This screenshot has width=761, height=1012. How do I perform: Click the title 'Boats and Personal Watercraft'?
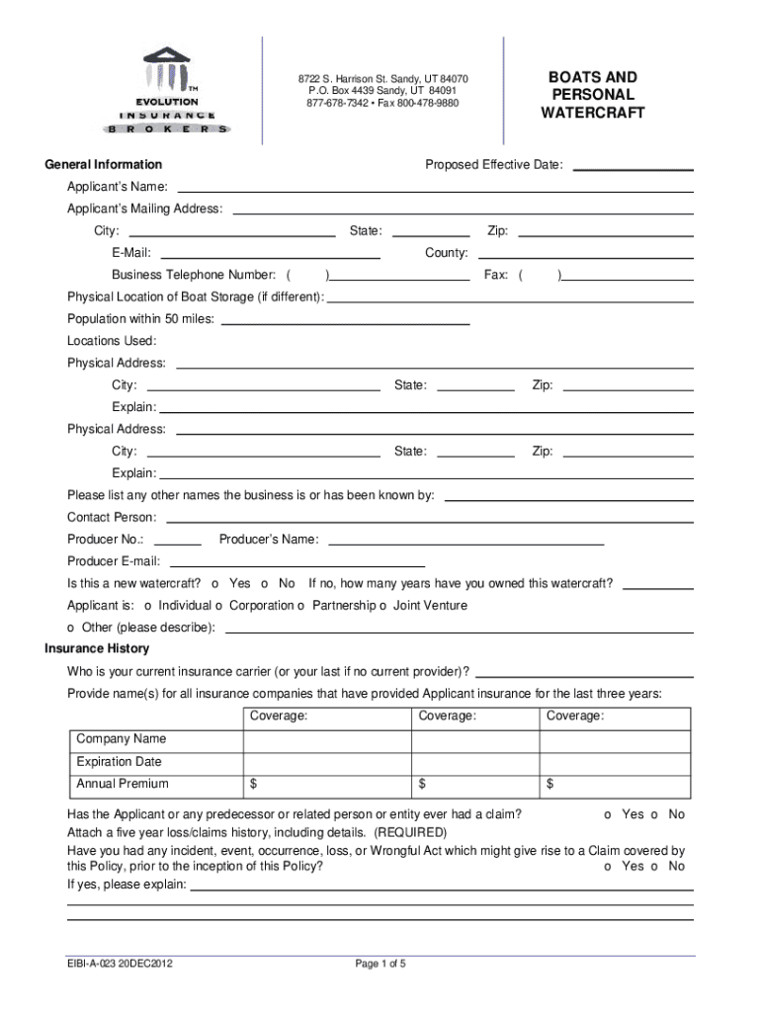pyautogui.click(x=592, y=95)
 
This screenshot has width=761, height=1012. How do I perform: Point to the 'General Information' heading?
pyautogui.click(x=103, y=164)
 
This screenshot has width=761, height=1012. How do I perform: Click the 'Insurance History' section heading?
pyautogui.click(x=97, y=648)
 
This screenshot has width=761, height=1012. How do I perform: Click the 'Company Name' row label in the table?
pyautogui.click(x=122, y=739)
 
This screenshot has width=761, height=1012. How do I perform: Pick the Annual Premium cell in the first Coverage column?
pyautogui.click(x=326, y=785)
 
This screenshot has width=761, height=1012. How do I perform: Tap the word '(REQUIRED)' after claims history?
pyautogui.click(x=410, y=832)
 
